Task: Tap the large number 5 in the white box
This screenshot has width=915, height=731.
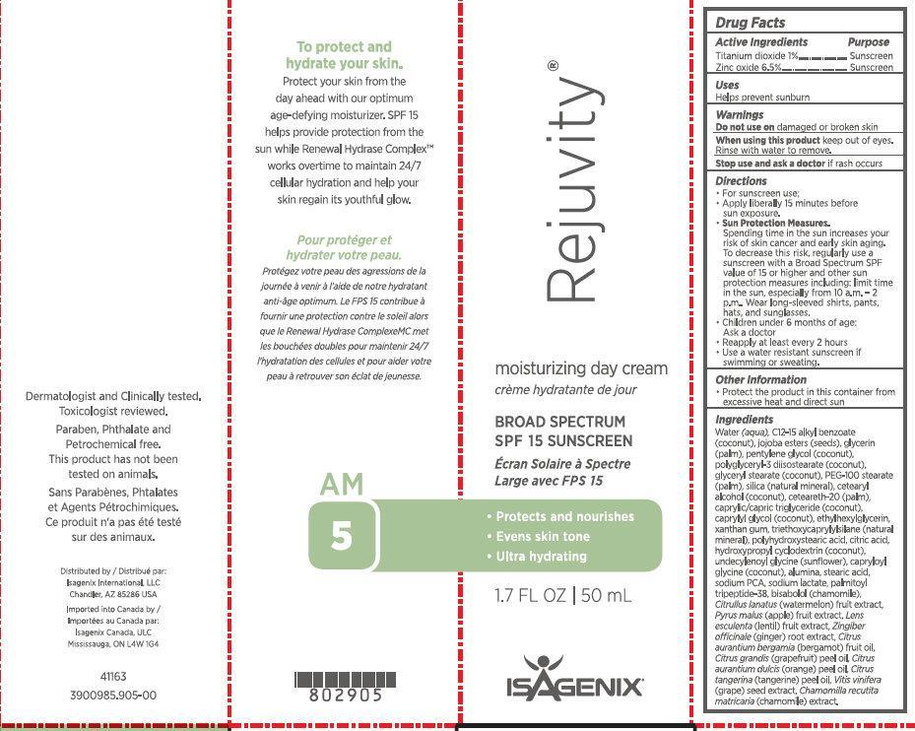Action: (341, 536)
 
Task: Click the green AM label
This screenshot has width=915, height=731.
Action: (342, 485)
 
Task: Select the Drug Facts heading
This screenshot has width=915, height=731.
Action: (751, 23)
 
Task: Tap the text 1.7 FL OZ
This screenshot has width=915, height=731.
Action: (527, 596)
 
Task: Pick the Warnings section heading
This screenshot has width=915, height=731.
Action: (740, 115)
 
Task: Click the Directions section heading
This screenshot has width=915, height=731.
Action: (741, 181)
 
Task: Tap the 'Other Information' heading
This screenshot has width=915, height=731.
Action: (760, 379)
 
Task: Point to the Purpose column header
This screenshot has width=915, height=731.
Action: (868, 42)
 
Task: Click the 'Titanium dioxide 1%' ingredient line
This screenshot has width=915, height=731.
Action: (755, 56)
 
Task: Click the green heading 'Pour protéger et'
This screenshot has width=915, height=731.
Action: (344, 239)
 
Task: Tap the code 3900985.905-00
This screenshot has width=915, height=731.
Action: (113, 695)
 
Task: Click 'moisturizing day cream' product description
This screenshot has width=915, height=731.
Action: (580, 369)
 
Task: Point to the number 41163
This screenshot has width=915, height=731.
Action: (113, 677)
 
